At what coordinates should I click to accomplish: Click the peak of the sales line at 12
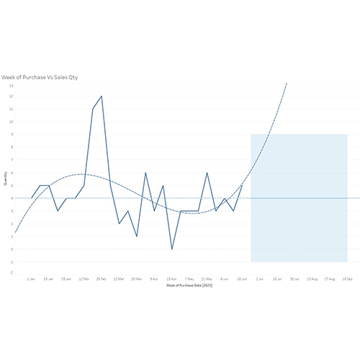coord(102,96)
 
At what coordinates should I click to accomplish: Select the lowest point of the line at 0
coord(171,249)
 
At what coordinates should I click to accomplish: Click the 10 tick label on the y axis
coord(11,122)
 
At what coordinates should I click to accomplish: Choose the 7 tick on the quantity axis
coord(11,160)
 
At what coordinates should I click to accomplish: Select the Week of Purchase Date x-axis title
coord(189,285)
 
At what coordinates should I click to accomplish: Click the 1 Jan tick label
coord(31,277)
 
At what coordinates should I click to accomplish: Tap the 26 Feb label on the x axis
coord(102,277)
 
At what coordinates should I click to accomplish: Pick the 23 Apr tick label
coord(171,277)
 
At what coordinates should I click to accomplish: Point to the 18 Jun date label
coord(242,277)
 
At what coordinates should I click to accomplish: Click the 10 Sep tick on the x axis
coord(347,277)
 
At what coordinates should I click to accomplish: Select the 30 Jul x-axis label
coord(294,277)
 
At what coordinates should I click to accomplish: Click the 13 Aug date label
coord(312,277)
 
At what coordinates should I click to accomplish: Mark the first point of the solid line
coord(31,198)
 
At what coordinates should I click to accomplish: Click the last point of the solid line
coord(242,185)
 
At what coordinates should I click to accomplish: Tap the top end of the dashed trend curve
coord(287,83)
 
